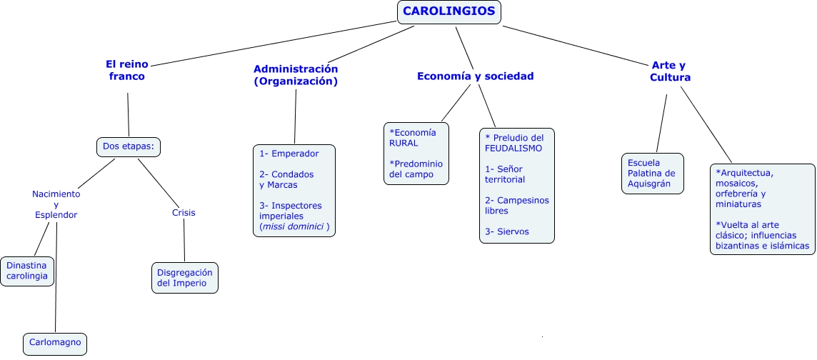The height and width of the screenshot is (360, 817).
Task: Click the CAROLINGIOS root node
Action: pos(449,11)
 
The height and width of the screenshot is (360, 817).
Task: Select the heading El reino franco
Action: pos(126,70)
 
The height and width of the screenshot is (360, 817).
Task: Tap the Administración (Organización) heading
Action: pos(296,75)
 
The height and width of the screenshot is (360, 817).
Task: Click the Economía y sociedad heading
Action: pos(475,76)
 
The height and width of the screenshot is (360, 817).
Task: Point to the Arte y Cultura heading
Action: pos(670,71)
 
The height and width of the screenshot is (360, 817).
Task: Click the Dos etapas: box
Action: pos(129,147)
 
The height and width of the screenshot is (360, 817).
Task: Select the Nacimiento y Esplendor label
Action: pos(56,204)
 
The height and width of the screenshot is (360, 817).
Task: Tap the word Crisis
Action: pos(184,212)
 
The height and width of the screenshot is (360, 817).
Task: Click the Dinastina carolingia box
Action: pos(27,271)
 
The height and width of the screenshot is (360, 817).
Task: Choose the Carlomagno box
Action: pos(56,343)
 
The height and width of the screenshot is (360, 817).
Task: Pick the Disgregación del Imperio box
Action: pos(185,277)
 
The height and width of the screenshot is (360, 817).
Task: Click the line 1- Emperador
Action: pos(289,153)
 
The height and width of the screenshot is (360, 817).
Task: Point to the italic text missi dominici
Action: pos(294,227)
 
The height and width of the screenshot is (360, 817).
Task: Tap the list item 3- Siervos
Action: pos(507,231)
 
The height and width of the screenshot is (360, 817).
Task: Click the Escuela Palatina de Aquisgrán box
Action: pos(652,173)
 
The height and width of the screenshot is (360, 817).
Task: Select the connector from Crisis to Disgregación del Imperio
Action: pos(184,241)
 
